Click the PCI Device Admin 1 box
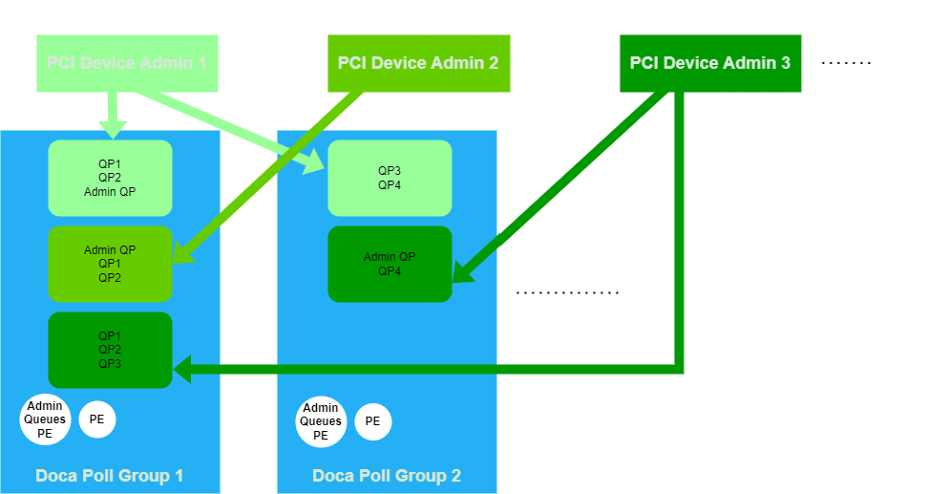tap(127, 63)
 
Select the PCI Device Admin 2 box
tap(418, 63)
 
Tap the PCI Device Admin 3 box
tap(710, 63)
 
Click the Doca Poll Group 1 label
tap(110, 476)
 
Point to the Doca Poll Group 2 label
tap(387, 476)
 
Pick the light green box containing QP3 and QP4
tap(389, 178)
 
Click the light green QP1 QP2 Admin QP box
tap(110, 178)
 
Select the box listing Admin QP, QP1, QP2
tap(110, 264)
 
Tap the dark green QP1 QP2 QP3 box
tap(110, 350)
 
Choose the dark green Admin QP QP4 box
tap(389, 264)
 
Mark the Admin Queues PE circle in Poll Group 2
tap(321, 421)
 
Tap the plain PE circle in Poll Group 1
tap(96, 419)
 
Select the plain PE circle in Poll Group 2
tap(372, 421)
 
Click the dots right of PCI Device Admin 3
tap(847, 63)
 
